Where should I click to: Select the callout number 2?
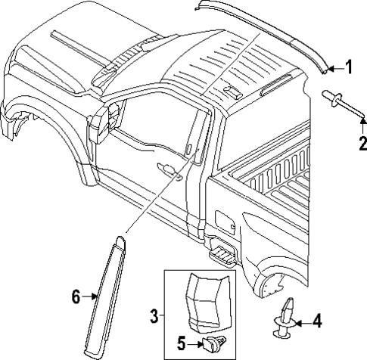click(362, 141)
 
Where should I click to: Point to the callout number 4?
click(316, 321)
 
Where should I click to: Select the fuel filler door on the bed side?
click(225, 223)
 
